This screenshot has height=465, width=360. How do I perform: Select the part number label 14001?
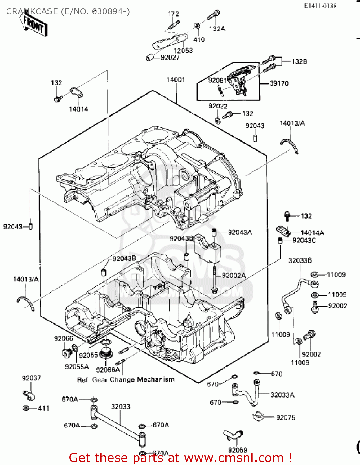coord(176,80)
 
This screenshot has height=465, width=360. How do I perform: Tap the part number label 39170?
coord(279,83)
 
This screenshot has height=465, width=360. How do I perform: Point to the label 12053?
coord(183,51)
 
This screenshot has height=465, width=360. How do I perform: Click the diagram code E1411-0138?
coord(320,6)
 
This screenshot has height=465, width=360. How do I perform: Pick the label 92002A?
coord(234,276)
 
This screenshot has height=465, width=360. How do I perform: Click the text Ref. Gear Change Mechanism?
coord(126,380)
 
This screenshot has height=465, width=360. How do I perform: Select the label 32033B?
coord(300,260)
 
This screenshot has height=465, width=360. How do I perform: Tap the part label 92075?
coord(286,418)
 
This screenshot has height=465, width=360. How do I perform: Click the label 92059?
coord(238,450)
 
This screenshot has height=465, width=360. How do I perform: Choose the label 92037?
coord(31,378)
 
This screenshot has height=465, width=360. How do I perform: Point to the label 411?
coord(44,408)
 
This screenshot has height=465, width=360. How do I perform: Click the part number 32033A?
coord(282,395)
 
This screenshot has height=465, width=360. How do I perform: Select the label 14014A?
coord(312,233)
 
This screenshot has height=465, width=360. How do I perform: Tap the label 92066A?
coord(108,370)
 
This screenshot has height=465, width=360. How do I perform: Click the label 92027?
coord(170,57)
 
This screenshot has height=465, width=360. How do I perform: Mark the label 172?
coord(173,14)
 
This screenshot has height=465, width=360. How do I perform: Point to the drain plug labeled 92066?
coord(66,352)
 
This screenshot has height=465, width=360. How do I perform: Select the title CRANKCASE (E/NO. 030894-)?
coord(68,11)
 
